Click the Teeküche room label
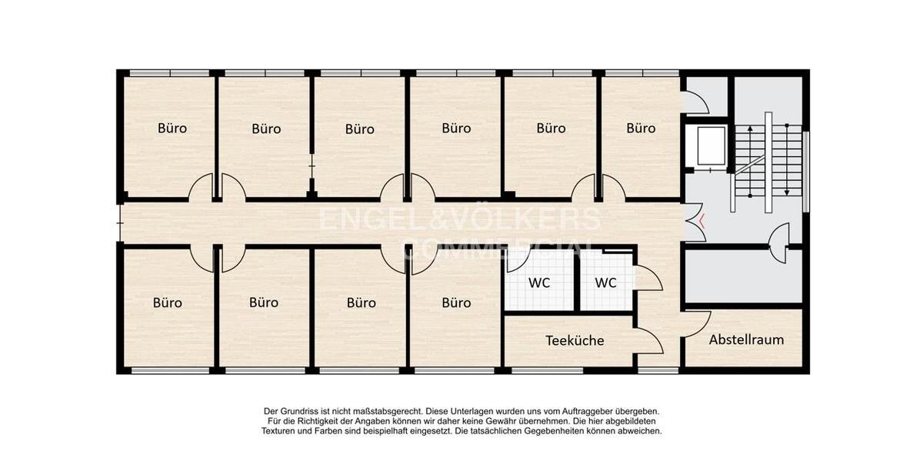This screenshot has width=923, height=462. (575, 340)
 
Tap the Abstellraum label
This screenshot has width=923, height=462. (746, 340)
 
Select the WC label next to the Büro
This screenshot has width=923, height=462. (538, 283)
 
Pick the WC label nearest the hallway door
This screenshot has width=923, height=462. (605, 283)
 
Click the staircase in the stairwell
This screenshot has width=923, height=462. (767, 162)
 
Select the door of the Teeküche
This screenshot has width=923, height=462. (648, 340)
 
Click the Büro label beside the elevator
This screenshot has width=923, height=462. (640, 129)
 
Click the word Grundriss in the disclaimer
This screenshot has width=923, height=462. (301, 412)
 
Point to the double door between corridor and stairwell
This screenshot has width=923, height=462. (691, 223)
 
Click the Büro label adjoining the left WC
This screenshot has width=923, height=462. (456, 303)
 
